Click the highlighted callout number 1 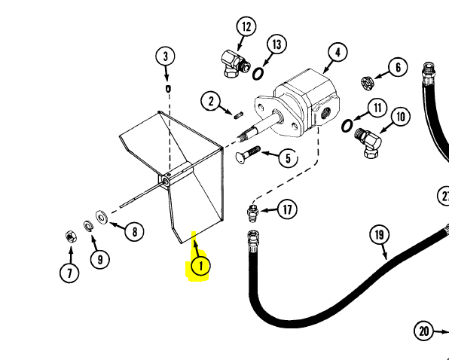coord(200,266)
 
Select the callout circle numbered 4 coord(338,53)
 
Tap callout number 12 coord(246,26)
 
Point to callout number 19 coord(379,235)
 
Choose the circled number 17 coord(287,209)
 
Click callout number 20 coord(424,331)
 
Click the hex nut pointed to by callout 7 coord(71,236)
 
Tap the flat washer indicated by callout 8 coord(102,218)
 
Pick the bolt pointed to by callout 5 coord(248,154)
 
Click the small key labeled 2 coord(239,115)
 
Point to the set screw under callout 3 coord(168,89)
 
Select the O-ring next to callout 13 coord(258,74)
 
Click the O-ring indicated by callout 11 coord(347,126)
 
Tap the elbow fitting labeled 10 coord(368,142)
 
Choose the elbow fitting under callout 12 coord(235,63)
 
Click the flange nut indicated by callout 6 coord(368,83)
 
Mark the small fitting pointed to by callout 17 coord(252,213)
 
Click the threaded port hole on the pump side coord(324,114)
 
